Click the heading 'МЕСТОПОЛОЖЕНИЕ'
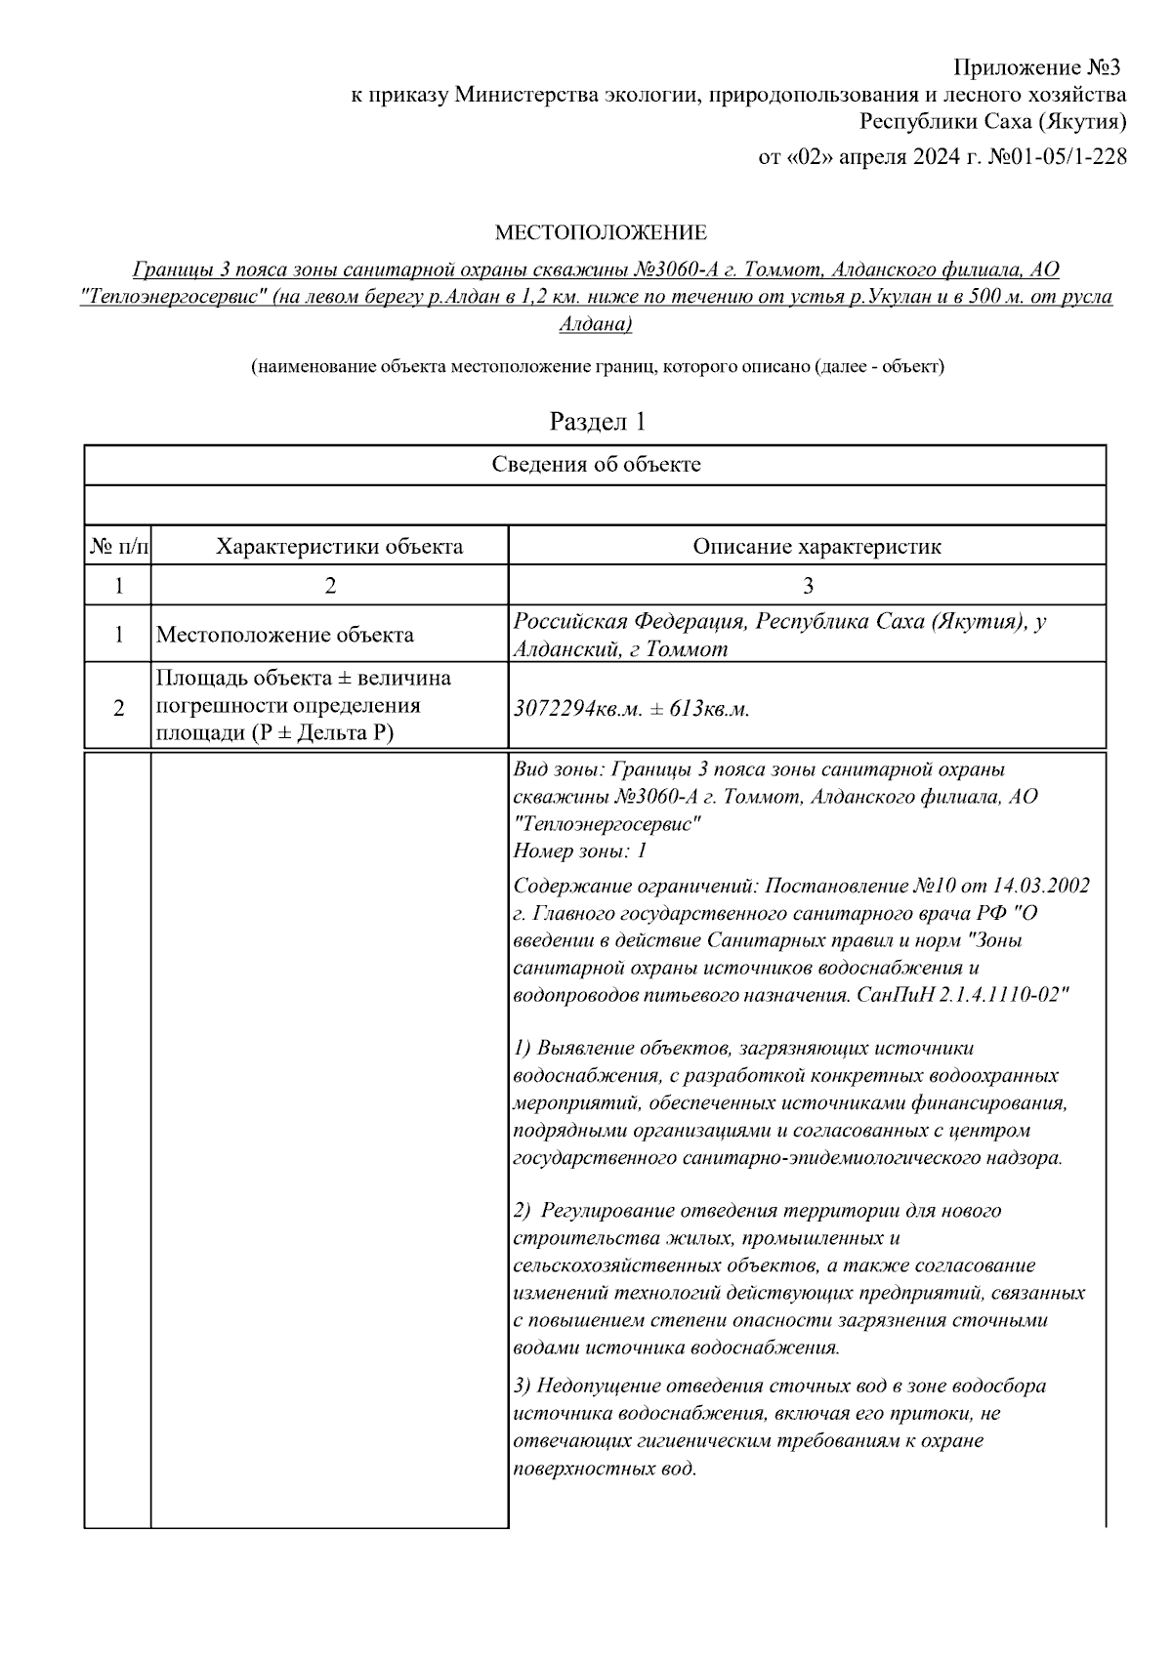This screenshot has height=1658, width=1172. pyautogui.click(x=601, y=232)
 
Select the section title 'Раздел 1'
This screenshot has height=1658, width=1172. pyautogui.click(x=598, y=422)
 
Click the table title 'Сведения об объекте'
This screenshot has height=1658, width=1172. pyautogui.click(x=596, y=465)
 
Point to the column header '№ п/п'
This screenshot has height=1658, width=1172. pyautogui.click(x=119, y=547)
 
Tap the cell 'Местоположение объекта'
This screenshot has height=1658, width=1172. pyautogui.click(x=285, y=635)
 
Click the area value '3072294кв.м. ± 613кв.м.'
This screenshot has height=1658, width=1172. pyautogui.click(x=631, y=709)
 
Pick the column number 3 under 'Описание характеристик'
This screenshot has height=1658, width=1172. pyautogui.click(x=807, y=586)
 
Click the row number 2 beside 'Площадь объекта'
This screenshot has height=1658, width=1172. pyautogui.click(x=119, y=709)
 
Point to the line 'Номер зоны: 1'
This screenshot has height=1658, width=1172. pyautogui.click(x=580, y=850)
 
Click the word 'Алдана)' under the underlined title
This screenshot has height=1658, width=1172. pyautogui.click(x=596, y=323)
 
